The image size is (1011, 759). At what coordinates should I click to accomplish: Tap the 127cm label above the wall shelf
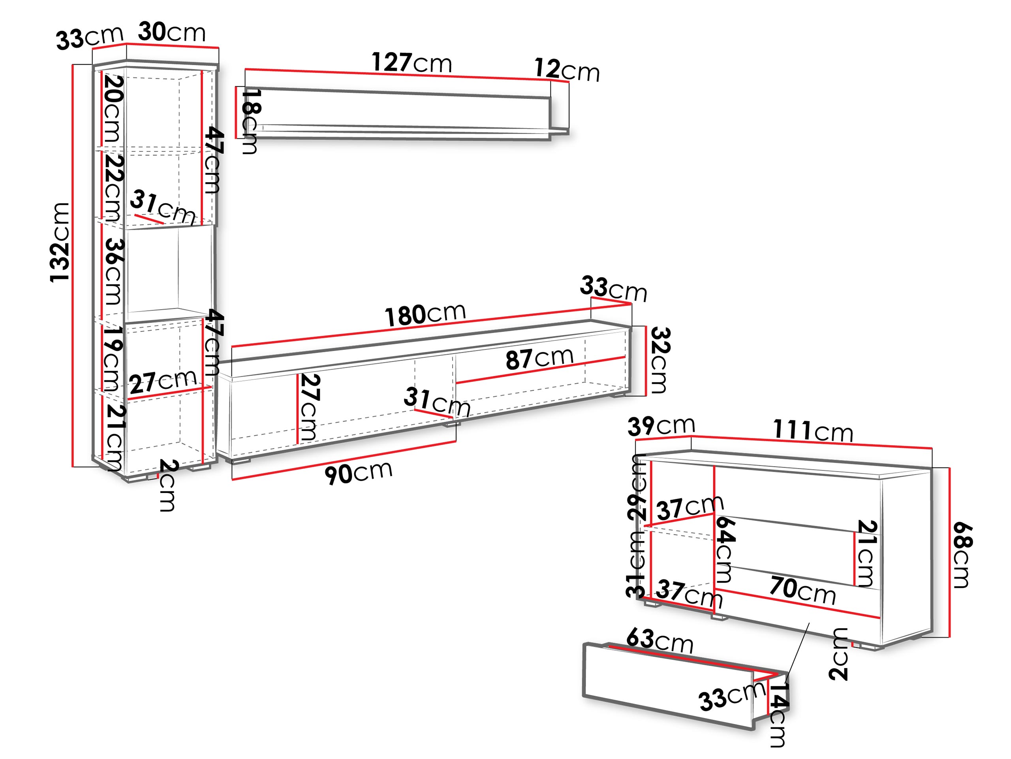tap(412, 63)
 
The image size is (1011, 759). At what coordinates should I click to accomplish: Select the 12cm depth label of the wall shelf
tap(567, 70)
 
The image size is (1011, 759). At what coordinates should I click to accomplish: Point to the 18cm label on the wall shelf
tap(250, 121)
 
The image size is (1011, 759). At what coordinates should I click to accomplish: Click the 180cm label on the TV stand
tap(425, 314)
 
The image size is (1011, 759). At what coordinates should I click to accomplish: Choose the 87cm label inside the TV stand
tap(539, 358)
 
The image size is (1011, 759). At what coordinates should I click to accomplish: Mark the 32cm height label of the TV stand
tap(660, 360)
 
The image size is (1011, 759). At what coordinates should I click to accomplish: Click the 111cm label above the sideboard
tap(813, 430)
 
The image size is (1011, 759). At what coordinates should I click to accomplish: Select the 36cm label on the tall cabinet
tap(113, 271)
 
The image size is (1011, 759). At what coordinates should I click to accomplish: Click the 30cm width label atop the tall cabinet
tap(172, 32)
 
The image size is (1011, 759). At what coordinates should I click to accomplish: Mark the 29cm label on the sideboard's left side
tap(637, 488)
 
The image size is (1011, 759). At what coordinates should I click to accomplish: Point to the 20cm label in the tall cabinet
tap(113, 108)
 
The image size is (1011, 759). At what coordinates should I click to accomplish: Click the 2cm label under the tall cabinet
tap(167, 485)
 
